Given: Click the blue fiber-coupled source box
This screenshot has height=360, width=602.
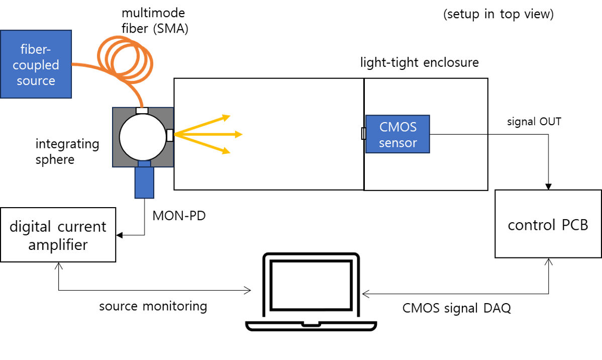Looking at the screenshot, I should click(37, 64).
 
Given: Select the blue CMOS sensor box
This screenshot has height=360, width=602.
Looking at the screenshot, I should click(397, 134).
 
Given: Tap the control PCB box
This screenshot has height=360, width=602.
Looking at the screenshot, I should click(548, 224).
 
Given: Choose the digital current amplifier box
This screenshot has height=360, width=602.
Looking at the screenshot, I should click(58, 235).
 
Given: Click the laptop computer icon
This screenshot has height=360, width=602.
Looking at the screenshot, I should click(311, 292).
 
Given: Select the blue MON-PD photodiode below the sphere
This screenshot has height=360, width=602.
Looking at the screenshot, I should click(144, 182).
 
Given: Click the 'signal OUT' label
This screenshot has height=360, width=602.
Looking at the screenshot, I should click(533, 122).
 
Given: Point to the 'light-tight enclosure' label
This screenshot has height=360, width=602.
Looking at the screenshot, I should click(420, 63).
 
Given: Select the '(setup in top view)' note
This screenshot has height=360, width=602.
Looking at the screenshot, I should click(498, 14).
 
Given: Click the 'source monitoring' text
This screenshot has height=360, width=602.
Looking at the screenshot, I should click(153, 306).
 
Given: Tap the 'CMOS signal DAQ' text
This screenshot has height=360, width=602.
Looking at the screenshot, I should click(456, 308).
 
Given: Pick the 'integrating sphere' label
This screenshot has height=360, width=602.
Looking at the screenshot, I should click(67, 152).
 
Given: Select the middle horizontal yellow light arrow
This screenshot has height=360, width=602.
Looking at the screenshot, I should click(211, 134).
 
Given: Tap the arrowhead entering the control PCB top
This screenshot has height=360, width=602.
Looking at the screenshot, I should click(548, 187).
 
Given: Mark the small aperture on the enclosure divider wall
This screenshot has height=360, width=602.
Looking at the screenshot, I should click(364, 134).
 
